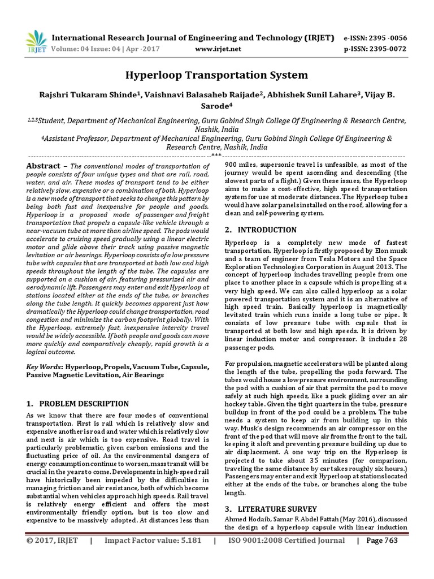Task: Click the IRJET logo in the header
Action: (x=35, y=40)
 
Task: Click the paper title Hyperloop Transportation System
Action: (x=217, y=75)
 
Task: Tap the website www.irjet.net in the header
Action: (x=218, y=49)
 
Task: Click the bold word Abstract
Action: (x=44, y=166)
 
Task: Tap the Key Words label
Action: (x=45, y=368)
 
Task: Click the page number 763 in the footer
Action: (x=390, y=541)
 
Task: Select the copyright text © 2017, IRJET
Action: (x=52, y=541)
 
